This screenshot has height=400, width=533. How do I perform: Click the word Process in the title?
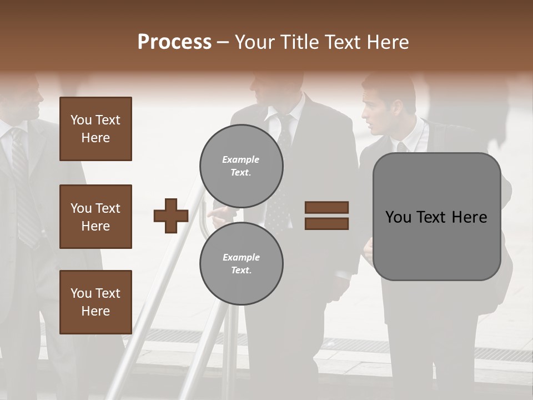(174, 42)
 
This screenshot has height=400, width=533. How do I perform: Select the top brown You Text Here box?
(95, 129)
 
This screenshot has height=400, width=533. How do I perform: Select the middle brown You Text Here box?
(95, 217)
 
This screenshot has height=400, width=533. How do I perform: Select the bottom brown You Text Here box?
(95, 302)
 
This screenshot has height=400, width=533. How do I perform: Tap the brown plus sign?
(171, 216)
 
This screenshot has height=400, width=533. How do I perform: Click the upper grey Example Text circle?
(241, 166)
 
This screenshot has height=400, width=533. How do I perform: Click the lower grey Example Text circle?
(241, 263)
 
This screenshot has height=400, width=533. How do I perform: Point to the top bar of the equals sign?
(326, 207)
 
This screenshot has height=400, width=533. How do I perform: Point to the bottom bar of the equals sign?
(326, 223)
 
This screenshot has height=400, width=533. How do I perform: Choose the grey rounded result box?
(436, 217)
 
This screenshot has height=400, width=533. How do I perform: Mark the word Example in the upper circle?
(241, 159)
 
